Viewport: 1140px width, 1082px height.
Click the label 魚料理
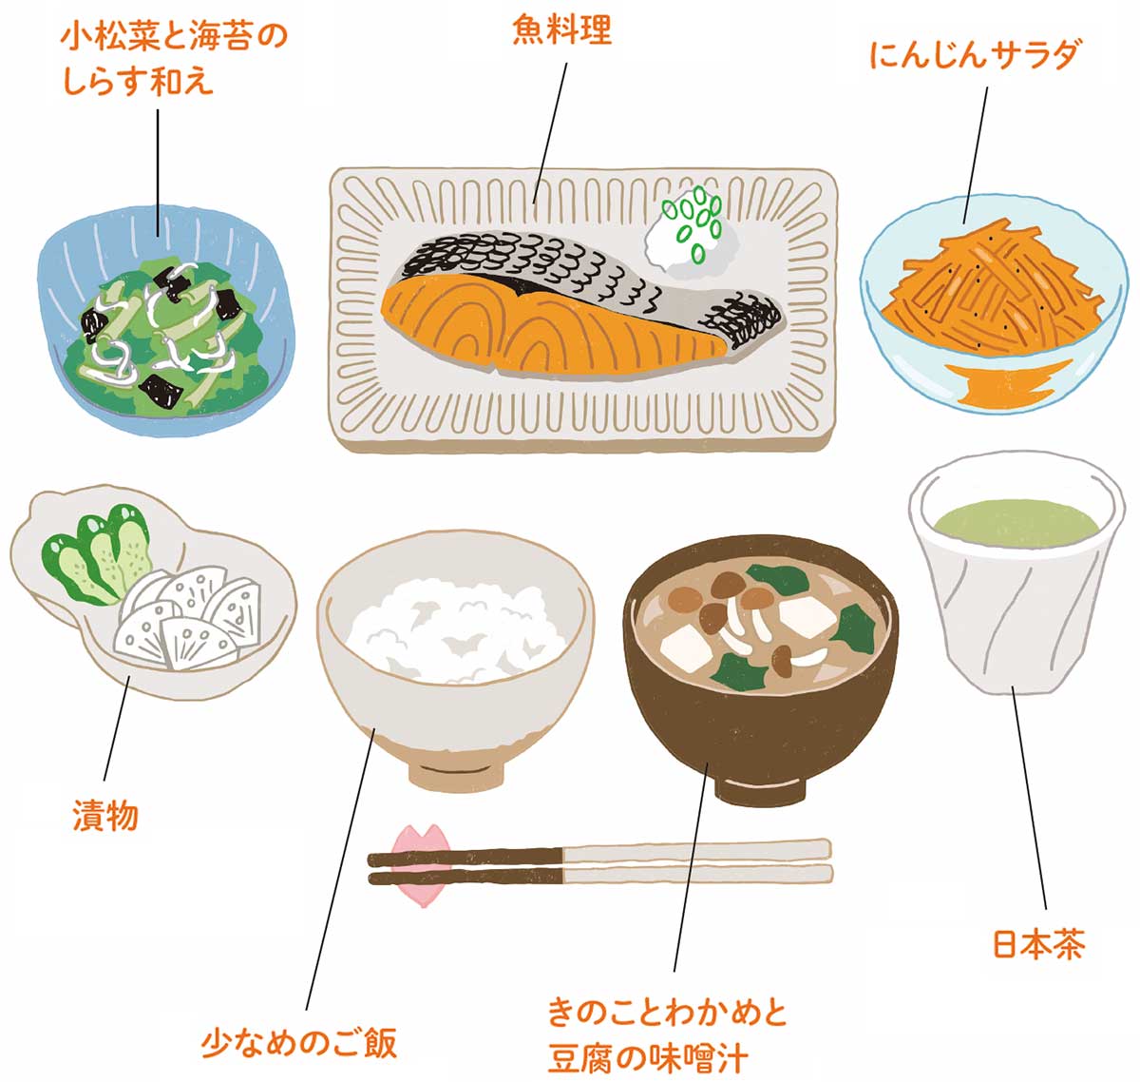pyautogui.click(x=561, y=29)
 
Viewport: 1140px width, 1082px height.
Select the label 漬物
pyautogui.click(x=105, y=815)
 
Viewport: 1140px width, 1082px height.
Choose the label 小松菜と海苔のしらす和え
pyautogui.click(x=174, y=59)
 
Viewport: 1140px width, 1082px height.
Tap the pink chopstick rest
pyautogui.click(x=422, y=865)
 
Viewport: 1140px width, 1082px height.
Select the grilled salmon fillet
pyautogui.click(x=579, y=305)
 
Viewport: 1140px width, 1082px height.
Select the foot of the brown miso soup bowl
pyautogui.click(x=760, y=786)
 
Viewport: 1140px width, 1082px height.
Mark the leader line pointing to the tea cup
pyautogui.click(x=1029, y=798)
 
